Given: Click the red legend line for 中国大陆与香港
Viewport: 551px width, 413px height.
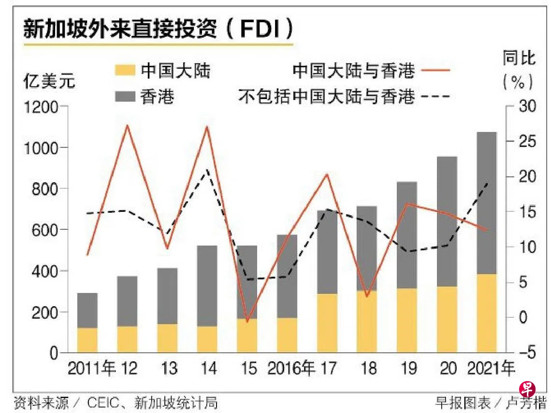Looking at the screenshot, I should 435,71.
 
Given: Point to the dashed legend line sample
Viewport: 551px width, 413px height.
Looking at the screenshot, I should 435,97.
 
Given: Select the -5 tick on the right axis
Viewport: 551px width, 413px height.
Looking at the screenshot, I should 523,353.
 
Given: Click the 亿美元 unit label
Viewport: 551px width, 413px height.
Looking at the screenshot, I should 50,82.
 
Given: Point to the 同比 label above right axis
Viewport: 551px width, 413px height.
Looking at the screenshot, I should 519,59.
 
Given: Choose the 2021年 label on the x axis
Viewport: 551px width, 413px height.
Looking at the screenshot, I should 491,369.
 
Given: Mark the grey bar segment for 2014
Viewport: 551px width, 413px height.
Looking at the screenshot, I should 207,285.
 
